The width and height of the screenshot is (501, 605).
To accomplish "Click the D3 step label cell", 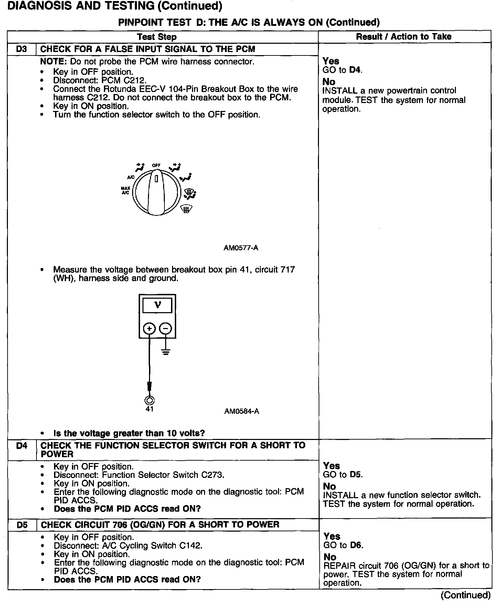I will [21, 49].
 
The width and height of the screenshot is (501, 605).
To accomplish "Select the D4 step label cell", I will [22, 445].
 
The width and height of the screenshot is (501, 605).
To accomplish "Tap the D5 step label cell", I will [22, 525].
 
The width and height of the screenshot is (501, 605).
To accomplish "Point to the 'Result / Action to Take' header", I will [404, 37].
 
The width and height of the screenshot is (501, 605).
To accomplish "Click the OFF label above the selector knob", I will [156, 165].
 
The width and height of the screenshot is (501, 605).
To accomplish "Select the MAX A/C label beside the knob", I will [125, 190].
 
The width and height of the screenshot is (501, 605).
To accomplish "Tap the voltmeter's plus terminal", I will [149, 329].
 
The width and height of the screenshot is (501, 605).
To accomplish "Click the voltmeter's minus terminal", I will [166, 329].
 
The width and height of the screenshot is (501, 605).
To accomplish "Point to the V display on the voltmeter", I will [158, 305].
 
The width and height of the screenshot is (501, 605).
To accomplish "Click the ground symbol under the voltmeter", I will [166, 352].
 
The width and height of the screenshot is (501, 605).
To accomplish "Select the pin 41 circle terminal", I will [150, 400].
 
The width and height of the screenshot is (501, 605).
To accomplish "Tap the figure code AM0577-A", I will [241, 248].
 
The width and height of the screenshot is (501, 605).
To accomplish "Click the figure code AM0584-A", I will [242, 411].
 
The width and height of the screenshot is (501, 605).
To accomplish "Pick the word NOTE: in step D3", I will [54, 62].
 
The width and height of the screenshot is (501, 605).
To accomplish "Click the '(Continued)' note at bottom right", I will [465, 595].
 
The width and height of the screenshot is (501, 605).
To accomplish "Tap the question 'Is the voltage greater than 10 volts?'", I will [129, 433].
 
